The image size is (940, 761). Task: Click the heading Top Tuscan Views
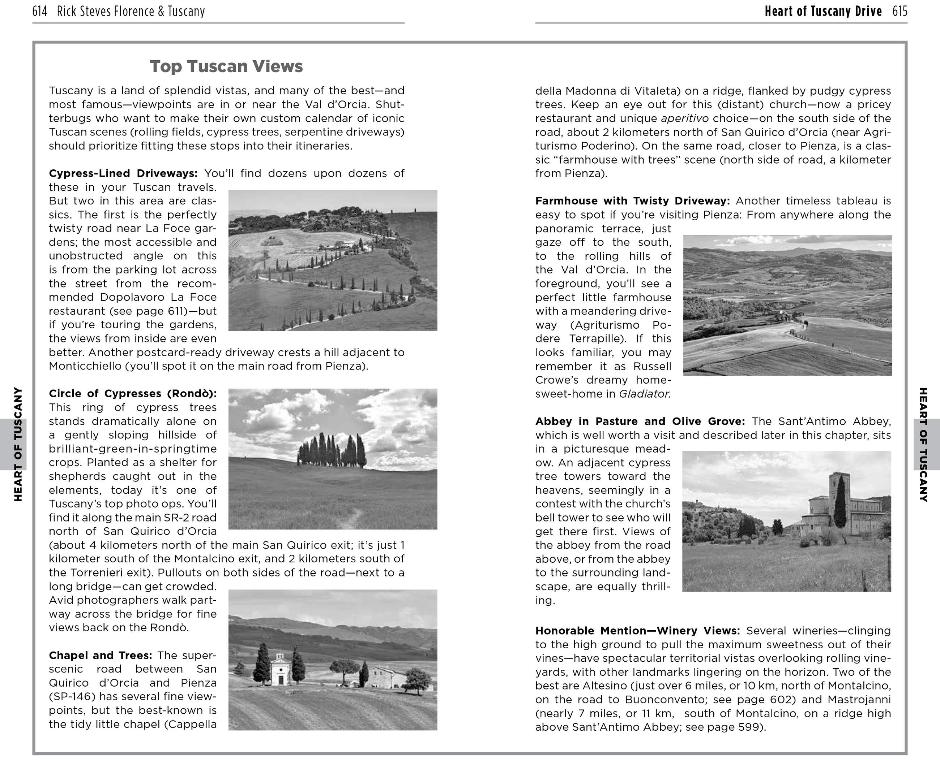pyautogui.click(x=226, y=66)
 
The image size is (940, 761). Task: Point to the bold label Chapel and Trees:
pyautogui.click(x=101, y=655)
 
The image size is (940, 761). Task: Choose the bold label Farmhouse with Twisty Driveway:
pyautogui.click(x=632, y=201)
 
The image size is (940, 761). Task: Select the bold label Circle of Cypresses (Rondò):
pyautogui.click(x=133, y=394)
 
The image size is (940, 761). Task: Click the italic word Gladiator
pyautogui.click(x=644, y=394)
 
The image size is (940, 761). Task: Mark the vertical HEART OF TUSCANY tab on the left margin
pyautogui.click(x=18, y=444)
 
